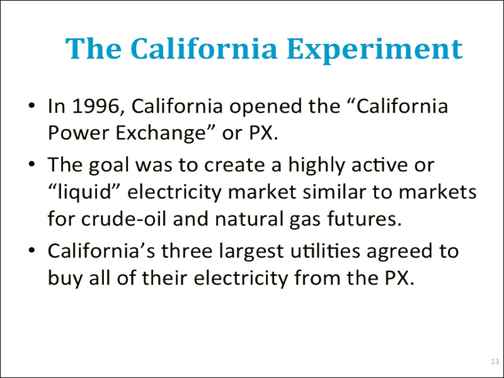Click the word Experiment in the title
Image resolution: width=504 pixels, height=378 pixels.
point(375,49)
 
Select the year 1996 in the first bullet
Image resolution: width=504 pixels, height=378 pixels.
point(96,106)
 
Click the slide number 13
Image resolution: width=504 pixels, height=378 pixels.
point(495,362)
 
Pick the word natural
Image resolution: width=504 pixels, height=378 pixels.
point(248,218)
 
